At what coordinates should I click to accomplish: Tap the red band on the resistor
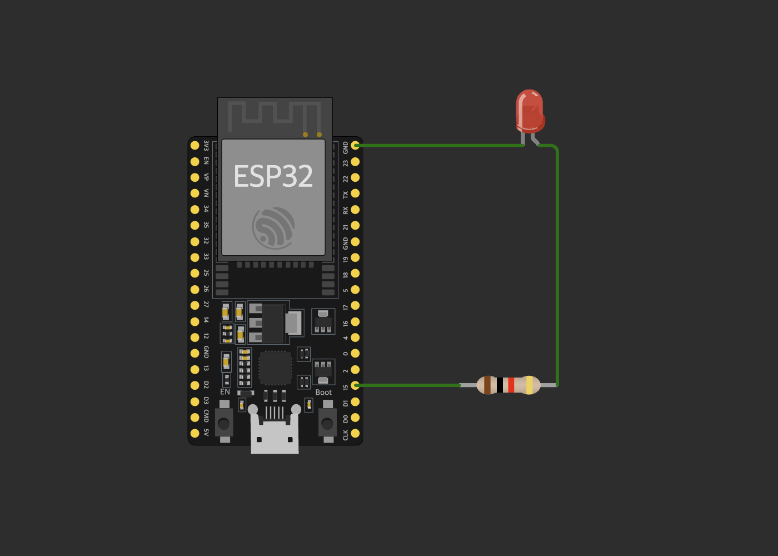coord(511,385)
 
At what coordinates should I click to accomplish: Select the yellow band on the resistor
coord(529,385)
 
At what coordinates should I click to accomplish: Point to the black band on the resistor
coord(500,385)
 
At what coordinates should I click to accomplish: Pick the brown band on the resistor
coord(487,385)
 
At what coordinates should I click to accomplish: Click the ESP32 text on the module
coord(273,176)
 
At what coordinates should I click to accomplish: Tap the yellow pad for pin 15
coord(355,385)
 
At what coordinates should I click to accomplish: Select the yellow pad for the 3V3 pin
coord(194,145)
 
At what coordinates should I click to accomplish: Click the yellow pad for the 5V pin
coord(194,433)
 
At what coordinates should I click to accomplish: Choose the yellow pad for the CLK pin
coord(355,433)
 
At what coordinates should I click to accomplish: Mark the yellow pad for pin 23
coord(355,162)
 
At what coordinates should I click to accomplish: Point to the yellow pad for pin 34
coord(194,210)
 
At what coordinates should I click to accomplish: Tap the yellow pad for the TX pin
coord(355,193)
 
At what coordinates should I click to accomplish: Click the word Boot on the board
coord(323,393)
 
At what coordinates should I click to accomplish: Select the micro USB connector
coord(275,434)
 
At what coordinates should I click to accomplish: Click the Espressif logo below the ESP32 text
coord(273,227)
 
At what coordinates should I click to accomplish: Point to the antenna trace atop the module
coord(275,114)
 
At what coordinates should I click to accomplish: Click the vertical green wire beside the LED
coord(557,267)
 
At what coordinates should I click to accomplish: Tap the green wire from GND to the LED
coord(439,146)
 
